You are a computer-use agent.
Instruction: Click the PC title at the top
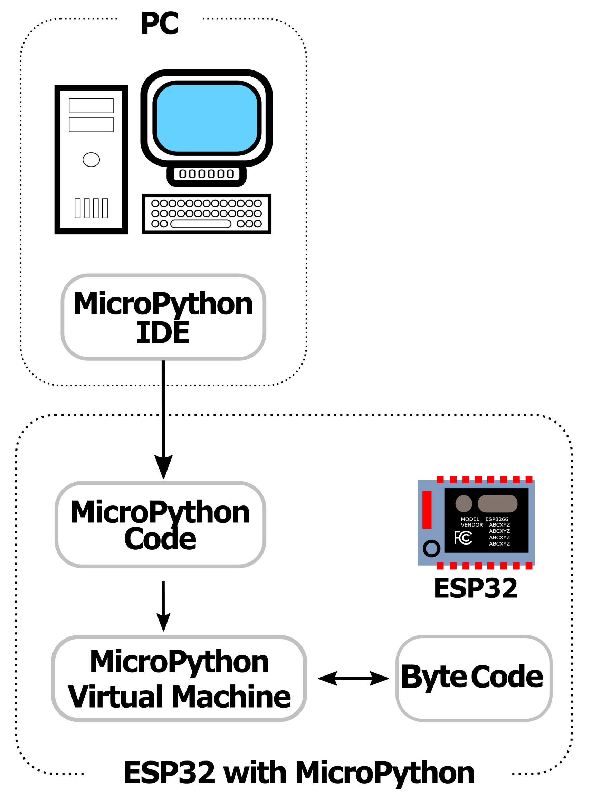pos(160,23)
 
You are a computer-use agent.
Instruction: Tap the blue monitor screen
pos(207,118)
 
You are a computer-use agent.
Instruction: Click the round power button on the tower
pos(91,160)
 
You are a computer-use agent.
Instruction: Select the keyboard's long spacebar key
pos(201,224)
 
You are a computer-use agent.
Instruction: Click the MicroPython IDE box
pos(163,317)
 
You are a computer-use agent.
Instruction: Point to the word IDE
pos(163,333)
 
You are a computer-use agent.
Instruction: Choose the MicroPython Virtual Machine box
pos(179,679)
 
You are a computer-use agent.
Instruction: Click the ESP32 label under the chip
pos(476,588)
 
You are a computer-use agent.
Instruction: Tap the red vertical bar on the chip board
pos(427,510)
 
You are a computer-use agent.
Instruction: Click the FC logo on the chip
pos(463,538)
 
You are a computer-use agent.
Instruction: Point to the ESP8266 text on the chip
pos(496,519)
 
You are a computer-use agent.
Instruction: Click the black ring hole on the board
pos(431,548)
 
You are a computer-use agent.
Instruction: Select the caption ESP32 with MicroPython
pos(298,773)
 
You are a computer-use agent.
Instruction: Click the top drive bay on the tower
pos(91,106)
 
